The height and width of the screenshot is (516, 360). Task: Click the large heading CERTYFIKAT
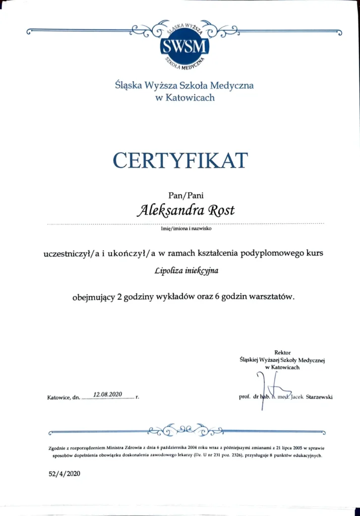[x=181, y=161]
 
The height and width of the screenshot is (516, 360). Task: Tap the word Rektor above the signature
[x=282, y=352]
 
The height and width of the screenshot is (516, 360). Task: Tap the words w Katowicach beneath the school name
[x=185, y=98]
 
